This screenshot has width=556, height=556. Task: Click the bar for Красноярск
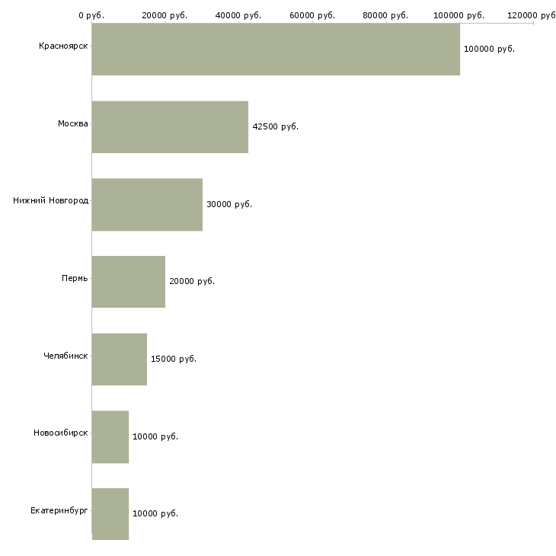click(x=276, y=50)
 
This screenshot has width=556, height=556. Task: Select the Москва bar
click(x=170, y=127)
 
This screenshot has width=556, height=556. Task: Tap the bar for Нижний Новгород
click(x=147, y=205)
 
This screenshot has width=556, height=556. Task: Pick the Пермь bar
click(x=129, y=282)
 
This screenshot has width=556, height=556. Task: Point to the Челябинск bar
click(x=120, y=359)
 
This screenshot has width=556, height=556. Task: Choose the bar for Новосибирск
click(x=110, y=437)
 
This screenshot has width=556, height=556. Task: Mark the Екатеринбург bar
click(x=110, y=514)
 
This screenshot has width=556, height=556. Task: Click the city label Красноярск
click(x=63, y=46)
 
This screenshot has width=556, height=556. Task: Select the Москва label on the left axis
click(x=72, y=123)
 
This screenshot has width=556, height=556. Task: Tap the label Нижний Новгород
click(x=51, y=201)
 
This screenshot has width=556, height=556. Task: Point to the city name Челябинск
click(x=66, y=356)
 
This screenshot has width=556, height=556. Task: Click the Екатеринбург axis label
click(x=59, y=510)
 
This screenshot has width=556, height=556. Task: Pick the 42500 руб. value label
click(x=276, y=126)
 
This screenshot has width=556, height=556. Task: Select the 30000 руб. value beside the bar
click(x=229, y=204)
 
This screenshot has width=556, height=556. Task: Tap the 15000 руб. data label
click(x=174, y=359)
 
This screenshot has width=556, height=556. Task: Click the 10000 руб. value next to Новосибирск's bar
click(x=155, y=436)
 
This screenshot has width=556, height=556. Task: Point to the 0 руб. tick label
click(x=91, y=15)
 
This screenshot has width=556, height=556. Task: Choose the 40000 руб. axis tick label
click(x=238, y=15)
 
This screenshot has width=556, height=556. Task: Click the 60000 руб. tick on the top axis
click(x=312, y=15)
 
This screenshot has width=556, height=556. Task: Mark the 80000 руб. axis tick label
click(x=385, y=15)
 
